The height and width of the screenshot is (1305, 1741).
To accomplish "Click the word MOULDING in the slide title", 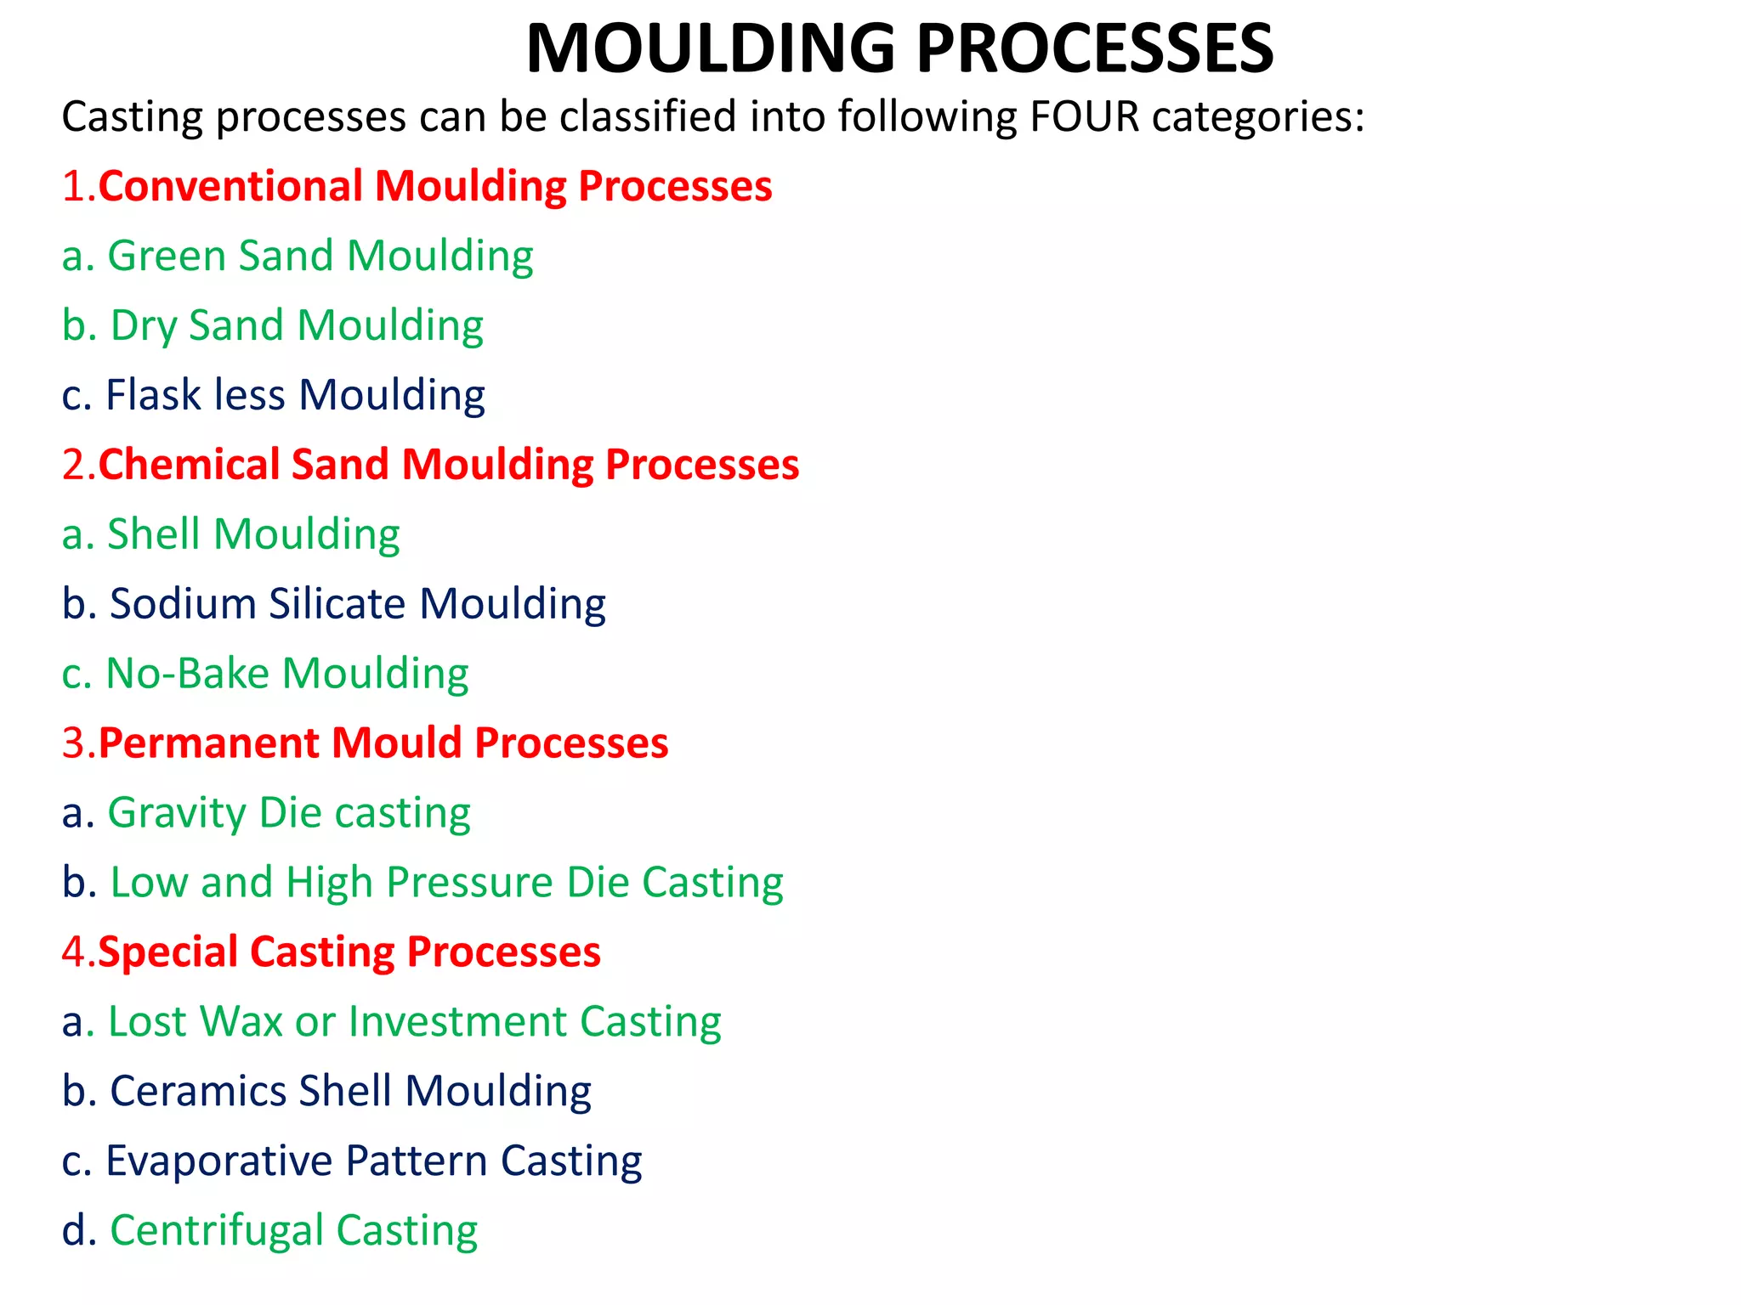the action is pyautogui.click(x=711, y=48).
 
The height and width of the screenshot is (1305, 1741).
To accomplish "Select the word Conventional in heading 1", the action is pyautogui.click(x=230, y=186).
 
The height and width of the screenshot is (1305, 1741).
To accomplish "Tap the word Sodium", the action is pyautogui.click(x=183, y=604).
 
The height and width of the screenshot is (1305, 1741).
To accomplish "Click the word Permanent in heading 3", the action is pyautogui.click(x=208, y=743).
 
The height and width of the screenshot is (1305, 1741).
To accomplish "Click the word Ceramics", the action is pyautogui.click(x=198, y=1091).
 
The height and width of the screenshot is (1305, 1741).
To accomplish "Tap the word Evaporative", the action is pyautogui.click(x=218, y=1161).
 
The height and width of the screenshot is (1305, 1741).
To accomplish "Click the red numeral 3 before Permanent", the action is pyautogui.click(x=74, y=743).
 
